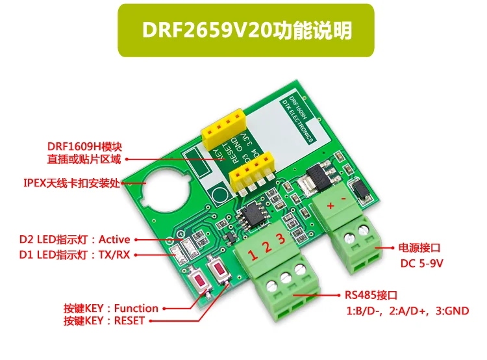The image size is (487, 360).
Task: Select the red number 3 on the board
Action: click(281, 239)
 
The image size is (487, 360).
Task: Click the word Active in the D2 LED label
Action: click(114, 239)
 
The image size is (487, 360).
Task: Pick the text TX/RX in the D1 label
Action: click(114, 254)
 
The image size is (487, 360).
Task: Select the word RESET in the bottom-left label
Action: click(131, 321)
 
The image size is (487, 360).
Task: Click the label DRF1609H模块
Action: click(84, 146)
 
